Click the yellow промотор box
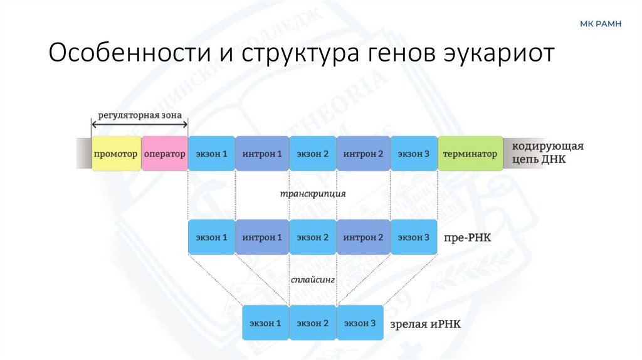coord(116,154)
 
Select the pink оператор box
coord(165,154)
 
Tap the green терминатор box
coord(470,154)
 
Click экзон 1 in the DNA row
coord(211,154)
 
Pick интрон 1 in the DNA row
coord(262,154)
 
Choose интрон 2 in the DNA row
coord(363,154)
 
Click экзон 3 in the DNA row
coord(413,154)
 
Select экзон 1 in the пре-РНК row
coord(211,238)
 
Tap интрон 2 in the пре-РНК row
coord(363,238)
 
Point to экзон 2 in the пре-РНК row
coord(313,238)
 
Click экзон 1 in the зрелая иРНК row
coord(266,323)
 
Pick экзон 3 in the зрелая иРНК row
coord(360,323)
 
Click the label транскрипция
coord(313,194)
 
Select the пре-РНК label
coord(462,239)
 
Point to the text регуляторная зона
coord(140,115)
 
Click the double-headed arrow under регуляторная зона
coord(140,125)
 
